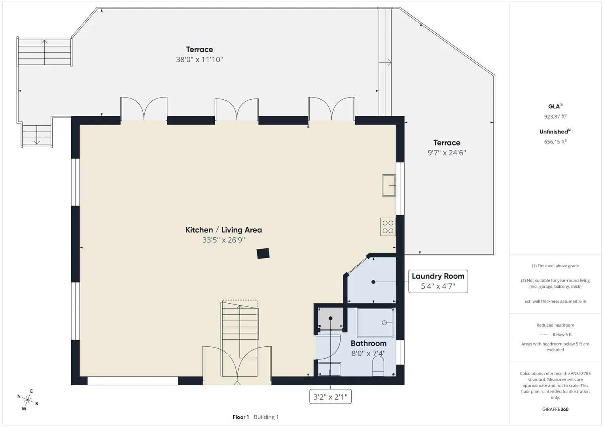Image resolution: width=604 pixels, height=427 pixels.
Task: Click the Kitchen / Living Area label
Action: click(223, 230)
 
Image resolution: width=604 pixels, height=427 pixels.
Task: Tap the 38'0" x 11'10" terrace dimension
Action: click(199, 59)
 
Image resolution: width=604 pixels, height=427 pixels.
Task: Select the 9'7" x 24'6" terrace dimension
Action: click(447, 153)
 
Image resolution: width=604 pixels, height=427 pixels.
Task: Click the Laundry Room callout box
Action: click(438, 281)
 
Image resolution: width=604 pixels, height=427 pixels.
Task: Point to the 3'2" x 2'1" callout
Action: click(330, 397)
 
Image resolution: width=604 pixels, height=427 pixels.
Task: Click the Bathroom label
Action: click(369, 344)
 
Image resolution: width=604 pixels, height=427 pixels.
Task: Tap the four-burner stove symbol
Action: click(388, 227)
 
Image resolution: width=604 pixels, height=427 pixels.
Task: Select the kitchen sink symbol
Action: click(389, 185)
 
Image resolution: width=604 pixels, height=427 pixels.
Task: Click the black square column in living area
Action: click(263, 254)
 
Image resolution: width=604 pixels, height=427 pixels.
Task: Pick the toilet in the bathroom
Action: click(378, 366)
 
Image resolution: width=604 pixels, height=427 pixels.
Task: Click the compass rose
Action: click(28, 400)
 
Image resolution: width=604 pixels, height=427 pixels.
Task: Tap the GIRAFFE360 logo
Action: click(555, 409)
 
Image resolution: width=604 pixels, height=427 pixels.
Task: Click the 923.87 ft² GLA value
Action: click(555, 117)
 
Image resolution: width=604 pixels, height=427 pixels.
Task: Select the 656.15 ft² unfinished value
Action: click(555, 142)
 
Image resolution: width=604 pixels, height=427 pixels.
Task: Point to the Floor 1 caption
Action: click(240, 417)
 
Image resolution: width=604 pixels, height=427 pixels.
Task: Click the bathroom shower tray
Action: click(375, 323)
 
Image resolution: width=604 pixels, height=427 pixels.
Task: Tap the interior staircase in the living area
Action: click(239, 338)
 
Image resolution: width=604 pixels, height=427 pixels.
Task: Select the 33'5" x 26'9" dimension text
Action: click(223, 240)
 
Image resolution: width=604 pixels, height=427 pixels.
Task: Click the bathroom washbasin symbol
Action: click(329, 369)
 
